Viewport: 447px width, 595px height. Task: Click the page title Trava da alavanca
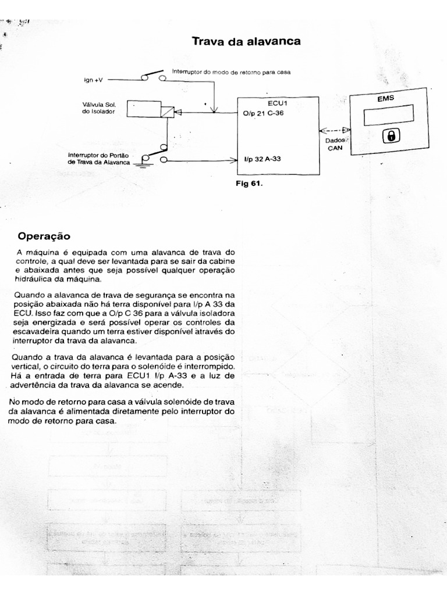[246, 41]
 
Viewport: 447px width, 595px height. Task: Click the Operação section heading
[44, 236]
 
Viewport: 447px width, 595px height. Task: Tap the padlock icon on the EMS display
[391, 136]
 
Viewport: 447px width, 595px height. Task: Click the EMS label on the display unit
[385, 98]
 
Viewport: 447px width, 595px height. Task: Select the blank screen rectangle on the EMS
[388, 115]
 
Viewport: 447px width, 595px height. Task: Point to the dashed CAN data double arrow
[335, 130]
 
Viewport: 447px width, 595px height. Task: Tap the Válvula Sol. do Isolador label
[100, 108]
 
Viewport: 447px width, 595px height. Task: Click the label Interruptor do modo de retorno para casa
[230, 71]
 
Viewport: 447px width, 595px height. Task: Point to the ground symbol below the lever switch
[142, 167]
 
